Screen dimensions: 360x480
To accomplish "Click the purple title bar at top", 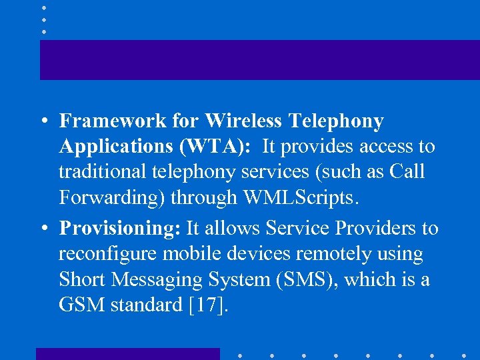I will point(260,60).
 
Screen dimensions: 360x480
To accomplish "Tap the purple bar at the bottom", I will point(127,353).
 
